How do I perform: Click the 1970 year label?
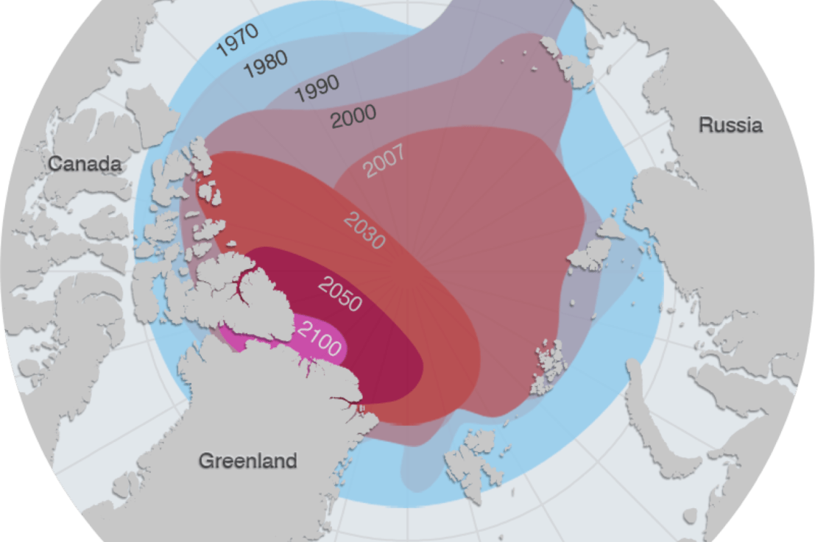click(x=237, y=40)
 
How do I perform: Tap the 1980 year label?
click(x=265, y=65)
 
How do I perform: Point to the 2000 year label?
click(x=353, y=116)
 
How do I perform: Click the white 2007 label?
click(x=384, y=161)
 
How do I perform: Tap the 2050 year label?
click(x=339, y=292)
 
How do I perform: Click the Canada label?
click(x=85, y=163)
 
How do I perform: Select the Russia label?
click(x=730, y=125)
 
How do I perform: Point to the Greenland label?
click(x=248, y=461)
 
